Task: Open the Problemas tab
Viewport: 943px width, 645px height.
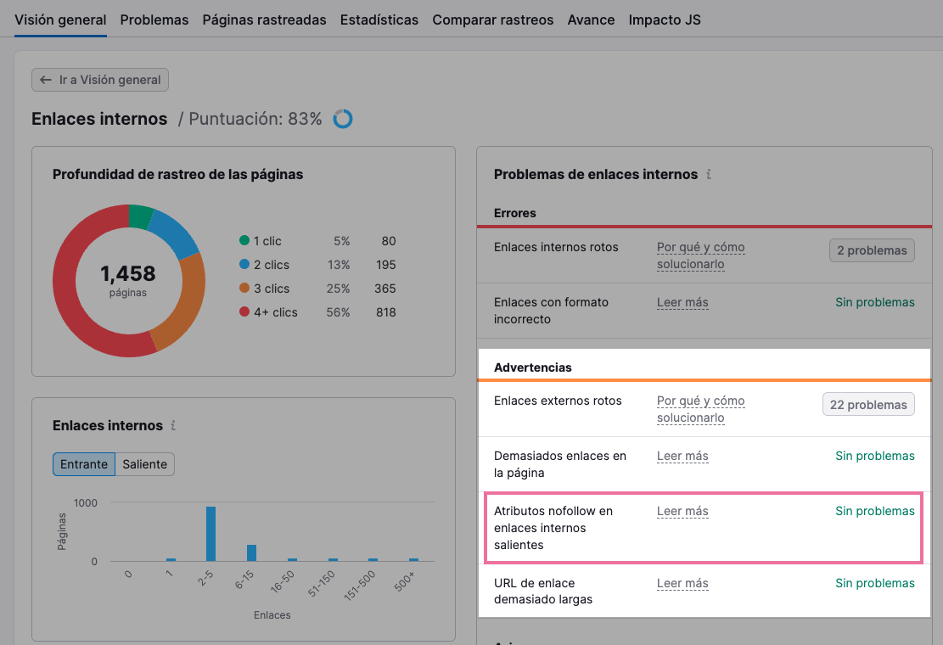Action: point(154,20)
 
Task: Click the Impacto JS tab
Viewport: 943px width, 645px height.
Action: point(665,20)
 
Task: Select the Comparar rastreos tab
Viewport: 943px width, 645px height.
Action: point(492,20)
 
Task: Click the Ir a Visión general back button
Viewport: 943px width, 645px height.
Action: point(100,80)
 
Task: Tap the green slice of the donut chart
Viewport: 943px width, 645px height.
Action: point(140,217)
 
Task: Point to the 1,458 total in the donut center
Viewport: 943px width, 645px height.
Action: point(128,273)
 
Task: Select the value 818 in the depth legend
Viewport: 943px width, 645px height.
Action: point(385,312)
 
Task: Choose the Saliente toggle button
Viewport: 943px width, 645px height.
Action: point(145,464)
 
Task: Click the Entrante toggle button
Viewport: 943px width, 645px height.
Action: point(84,464)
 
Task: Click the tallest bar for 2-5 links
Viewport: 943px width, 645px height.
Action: point(210,534)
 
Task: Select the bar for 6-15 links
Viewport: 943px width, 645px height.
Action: point(251,552)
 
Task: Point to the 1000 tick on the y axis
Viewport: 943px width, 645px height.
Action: point(85,502)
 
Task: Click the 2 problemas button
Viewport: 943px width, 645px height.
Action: point(872,250)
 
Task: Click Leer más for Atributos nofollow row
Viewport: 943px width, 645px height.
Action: point(682,511)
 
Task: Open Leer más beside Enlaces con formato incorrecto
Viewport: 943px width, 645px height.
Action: point(682,302)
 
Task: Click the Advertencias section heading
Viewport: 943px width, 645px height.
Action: point(533,367)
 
